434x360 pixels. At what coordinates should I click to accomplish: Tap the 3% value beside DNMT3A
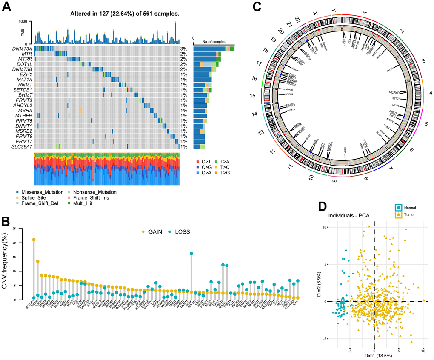point(183,49)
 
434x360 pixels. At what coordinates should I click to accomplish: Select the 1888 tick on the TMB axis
point(23,21)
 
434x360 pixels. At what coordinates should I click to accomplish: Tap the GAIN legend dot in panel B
point(143,232)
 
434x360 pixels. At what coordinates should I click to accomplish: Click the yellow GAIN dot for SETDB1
point(34,240)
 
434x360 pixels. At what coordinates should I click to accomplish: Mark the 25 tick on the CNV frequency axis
point(15,229)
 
